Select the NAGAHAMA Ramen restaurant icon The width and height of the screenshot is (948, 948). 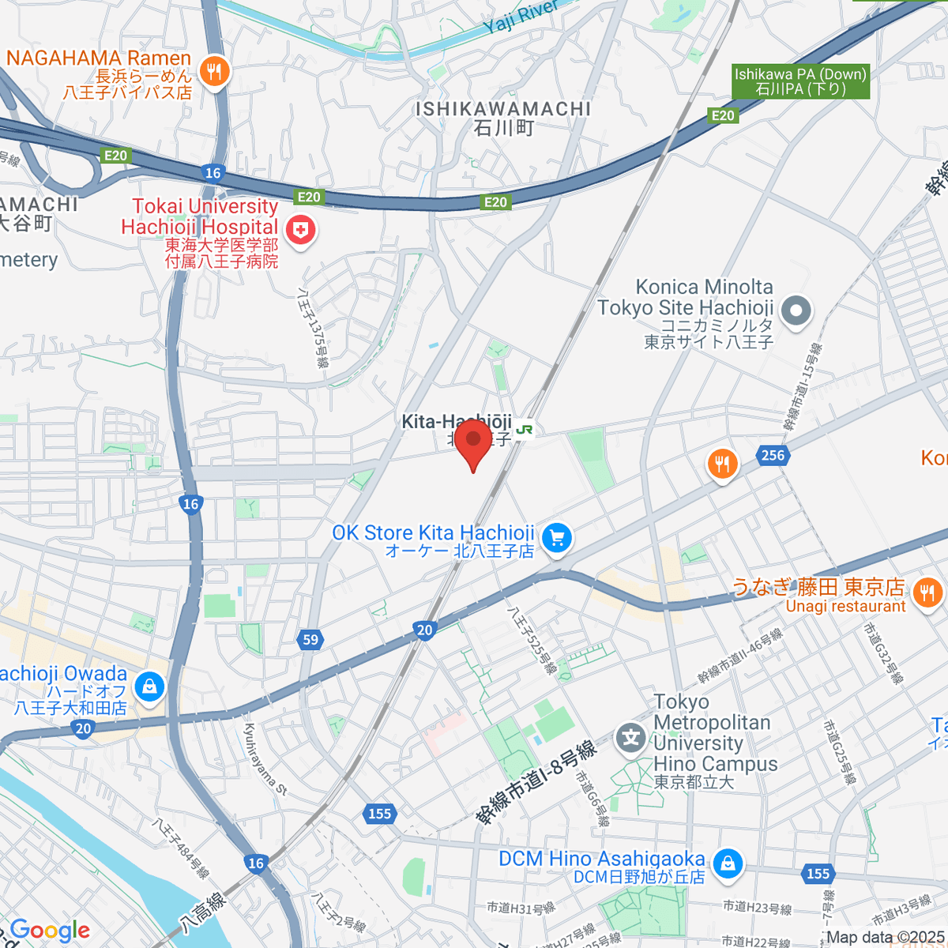point(213,73)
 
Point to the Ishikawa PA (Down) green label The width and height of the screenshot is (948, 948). point(800,81)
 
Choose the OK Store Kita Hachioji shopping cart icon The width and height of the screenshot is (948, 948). point(558,539)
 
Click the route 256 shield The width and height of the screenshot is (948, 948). point(773,454)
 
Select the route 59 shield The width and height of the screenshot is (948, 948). point(310,640)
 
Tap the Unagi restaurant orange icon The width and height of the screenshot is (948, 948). point(927,592)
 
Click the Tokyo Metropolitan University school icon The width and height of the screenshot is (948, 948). point(631,739)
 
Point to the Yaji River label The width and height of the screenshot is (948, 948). point(521,17)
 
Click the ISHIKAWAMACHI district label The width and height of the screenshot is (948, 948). point(504,109)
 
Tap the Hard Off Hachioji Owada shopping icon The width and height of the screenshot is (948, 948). point(149,686)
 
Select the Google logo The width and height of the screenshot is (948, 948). point(51,930)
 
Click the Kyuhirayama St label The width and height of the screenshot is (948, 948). point(265,759)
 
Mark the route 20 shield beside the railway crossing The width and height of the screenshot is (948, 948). point(425,630)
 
